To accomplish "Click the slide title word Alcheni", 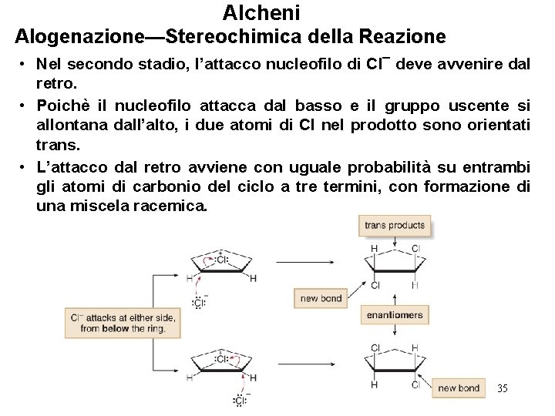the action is pos(261,12).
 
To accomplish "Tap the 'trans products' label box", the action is pos(394,226).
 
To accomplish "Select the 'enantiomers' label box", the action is pos(394,314).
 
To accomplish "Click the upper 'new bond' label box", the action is pos(321,298).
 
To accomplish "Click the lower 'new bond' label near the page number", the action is pos(458,388).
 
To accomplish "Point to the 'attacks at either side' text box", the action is pos(123,323).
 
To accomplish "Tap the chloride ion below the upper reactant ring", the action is pos(198,303).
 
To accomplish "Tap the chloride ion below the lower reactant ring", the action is pos(240,400).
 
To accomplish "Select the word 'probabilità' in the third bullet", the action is pos(384,167).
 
